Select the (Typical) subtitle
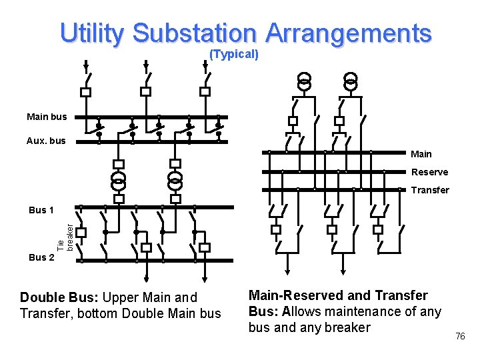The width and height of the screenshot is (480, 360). coord(234,54)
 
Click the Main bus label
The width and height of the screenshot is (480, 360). coord(47,117)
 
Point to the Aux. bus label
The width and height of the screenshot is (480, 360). coord(46,141)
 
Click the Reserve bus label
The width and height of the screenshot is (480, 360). coord(429,172)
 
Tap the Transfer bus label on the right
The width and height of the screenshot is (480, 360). coord(430,190)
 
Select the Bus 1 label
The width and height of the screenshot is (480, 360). coord(41,210)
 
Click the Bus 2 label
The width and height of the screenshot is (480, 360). coord(41,257)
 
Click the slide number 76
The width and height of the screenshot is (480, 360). coord(460,337)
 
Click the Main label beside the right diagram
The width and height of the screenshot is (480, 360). coord(421,154)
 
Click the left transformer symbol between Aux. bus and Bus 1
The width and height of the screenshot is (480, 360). coord(119,180)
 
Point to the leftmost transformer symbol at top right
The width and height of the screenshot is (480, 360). coord(304,81)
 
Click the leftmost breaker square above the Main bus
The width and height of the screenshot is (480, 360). coord(85,91)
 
